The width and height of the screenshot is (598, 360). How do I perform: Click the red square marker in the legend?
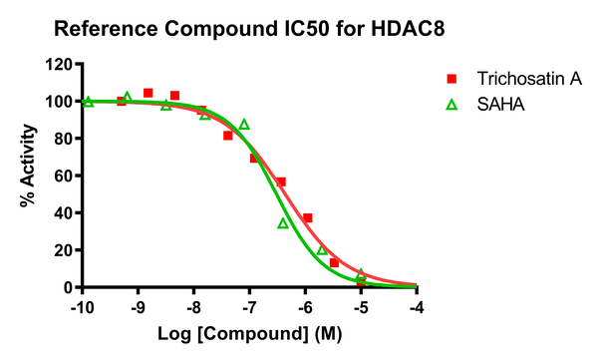451,79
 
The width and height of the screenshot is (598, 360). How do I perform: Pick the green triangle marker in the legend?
451,102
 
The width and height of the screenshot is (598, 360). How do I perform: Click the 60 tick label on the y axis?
62,176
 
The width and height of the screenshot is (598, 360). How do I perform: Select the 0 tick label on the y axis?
67,287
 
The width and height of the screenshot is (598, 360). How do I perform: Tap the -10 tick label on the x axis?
83,307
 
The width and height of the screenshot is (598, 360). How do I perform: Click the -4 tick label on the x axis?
418,307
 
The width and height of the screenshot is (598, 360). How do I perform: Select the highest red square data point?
148,93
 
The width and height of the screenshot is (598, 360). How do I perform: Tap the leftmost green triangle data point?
88,101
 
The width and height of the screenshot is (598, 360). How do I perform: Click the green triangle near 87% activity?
244,125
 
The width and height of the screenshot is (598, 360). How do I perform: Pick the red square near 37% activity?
308,217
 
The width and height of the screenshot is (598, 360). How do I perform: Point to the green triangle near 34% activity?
283,223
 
